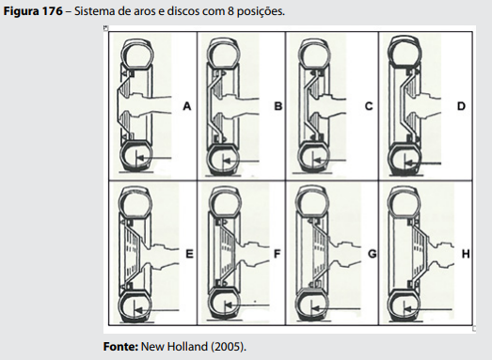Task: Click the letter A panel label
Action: (187, 106)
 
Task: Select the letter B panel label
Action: (278, 106)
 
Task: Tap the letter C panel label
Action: (369, 106)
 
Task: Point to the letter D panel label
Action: (461, 106)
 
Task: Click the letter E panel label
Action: (189, 254)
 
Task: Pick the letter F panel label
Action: (278, 254)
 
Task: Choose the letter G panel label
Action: (373, 254)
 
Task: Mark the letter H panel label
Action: (466, 254)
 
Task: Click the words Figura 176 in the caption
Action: (33, 11)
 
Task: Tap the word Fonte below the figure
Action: (120, 347)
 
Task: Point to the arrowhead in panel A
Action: (140, 157)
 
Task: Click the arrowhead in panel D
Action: (408, 163)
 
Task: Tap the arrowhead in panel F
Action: (229, 305)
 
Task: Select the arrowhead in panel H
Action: (408, 309)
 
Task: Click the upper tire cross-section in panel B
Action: (224, 53)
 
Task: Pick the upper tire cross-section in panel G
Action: (312, 201)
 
